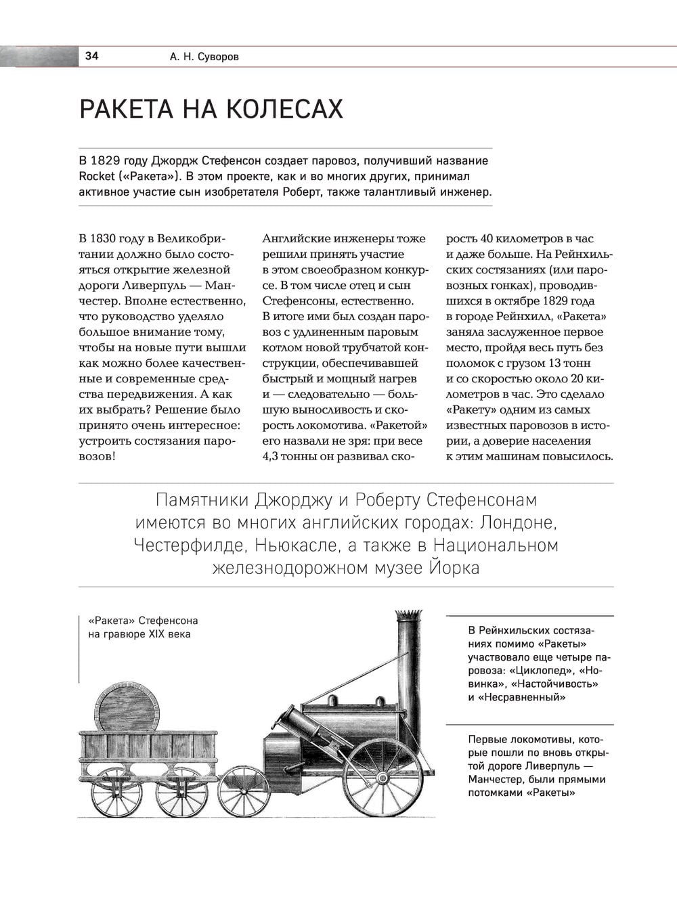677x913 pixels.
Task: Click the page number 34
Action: click(91, 56)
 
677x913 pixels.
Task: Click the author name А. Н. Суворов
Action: click(204, 57)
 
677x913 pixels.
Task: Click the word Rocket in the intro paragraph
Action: click(97, 177)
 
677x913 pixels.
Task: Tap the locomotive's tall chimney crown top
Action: click(408, 616)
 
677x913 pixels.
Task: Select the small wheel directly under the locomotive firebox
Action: click(244, 791)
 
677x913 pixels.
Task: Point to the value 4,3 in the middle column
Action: click(271, 456)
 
